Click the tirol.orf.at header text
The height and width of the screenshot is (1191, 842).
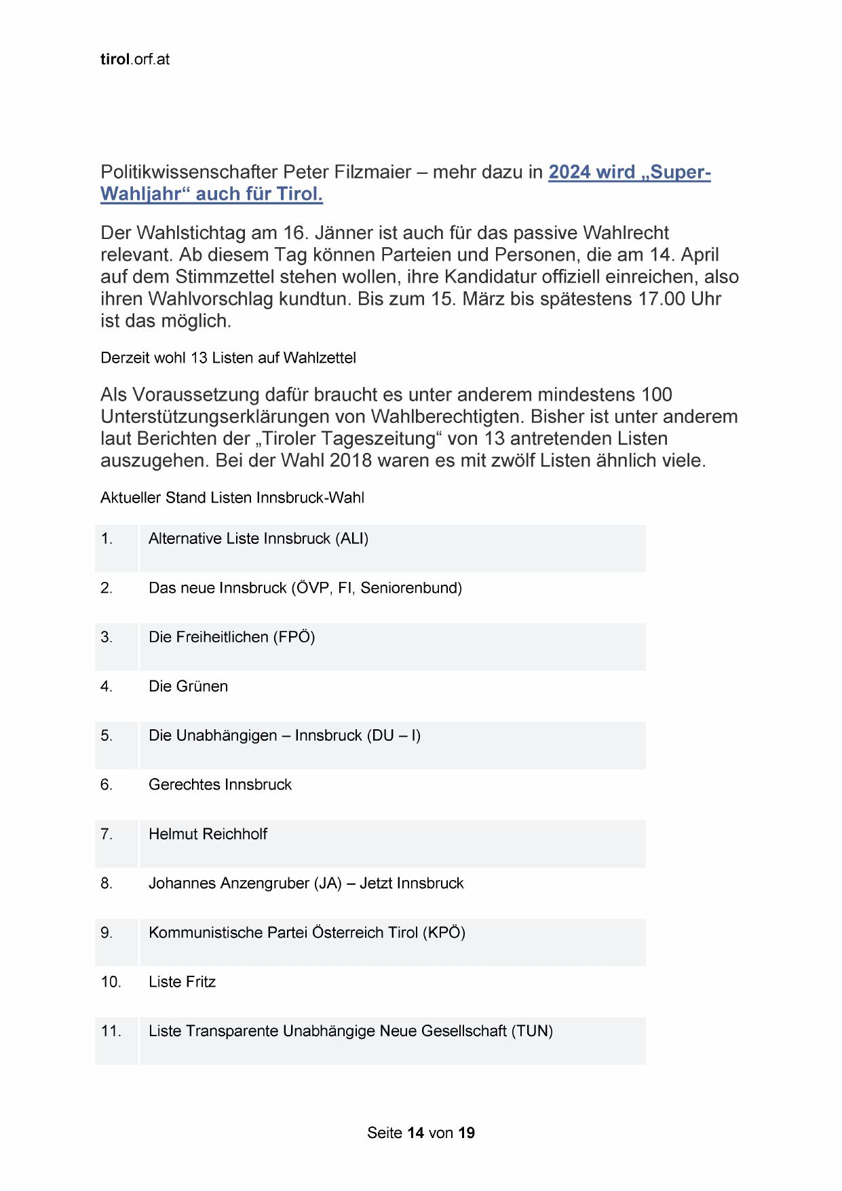click(134, 60)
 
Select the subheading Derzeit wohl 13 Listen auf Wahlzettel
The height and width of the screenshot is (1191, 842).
click(228, 358)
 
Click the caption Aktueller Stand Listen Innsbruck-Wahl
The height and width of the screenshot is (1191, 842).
click(232, 498)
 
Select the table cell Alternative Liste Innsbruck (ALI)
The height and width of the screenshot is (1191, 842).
click(259, 539)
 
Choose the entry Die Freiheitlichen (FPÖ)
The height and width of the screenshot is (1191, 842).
click(231, 638)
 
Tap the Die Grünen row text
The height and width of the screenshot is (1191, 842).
click(188, 686)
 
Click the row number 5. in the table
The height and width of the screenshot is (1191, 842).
click(107, 736)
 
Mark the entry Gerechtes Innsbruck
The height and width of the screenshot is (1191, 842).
click(220, 785)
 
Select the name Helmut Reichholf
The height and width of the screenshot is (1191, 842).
click(208, 835)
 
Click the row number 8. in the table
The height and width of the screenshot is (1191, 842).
click(107, 883)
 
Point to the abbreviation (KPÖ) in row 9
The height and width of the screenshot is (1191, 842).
click(444, 933)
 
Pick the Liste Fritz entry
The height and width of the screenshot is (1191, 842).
click(182, 982)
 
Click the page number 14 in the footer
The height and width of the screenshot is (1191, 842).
click(416, 1133)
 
